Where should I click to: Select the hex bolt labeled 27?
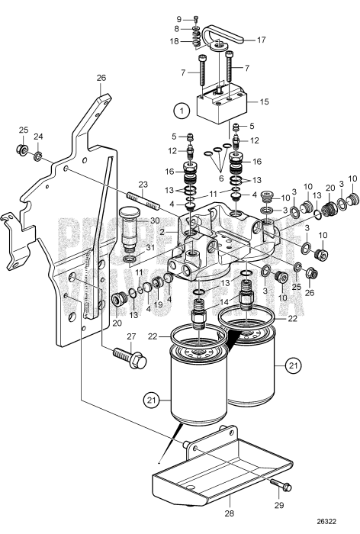[130, 359]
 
